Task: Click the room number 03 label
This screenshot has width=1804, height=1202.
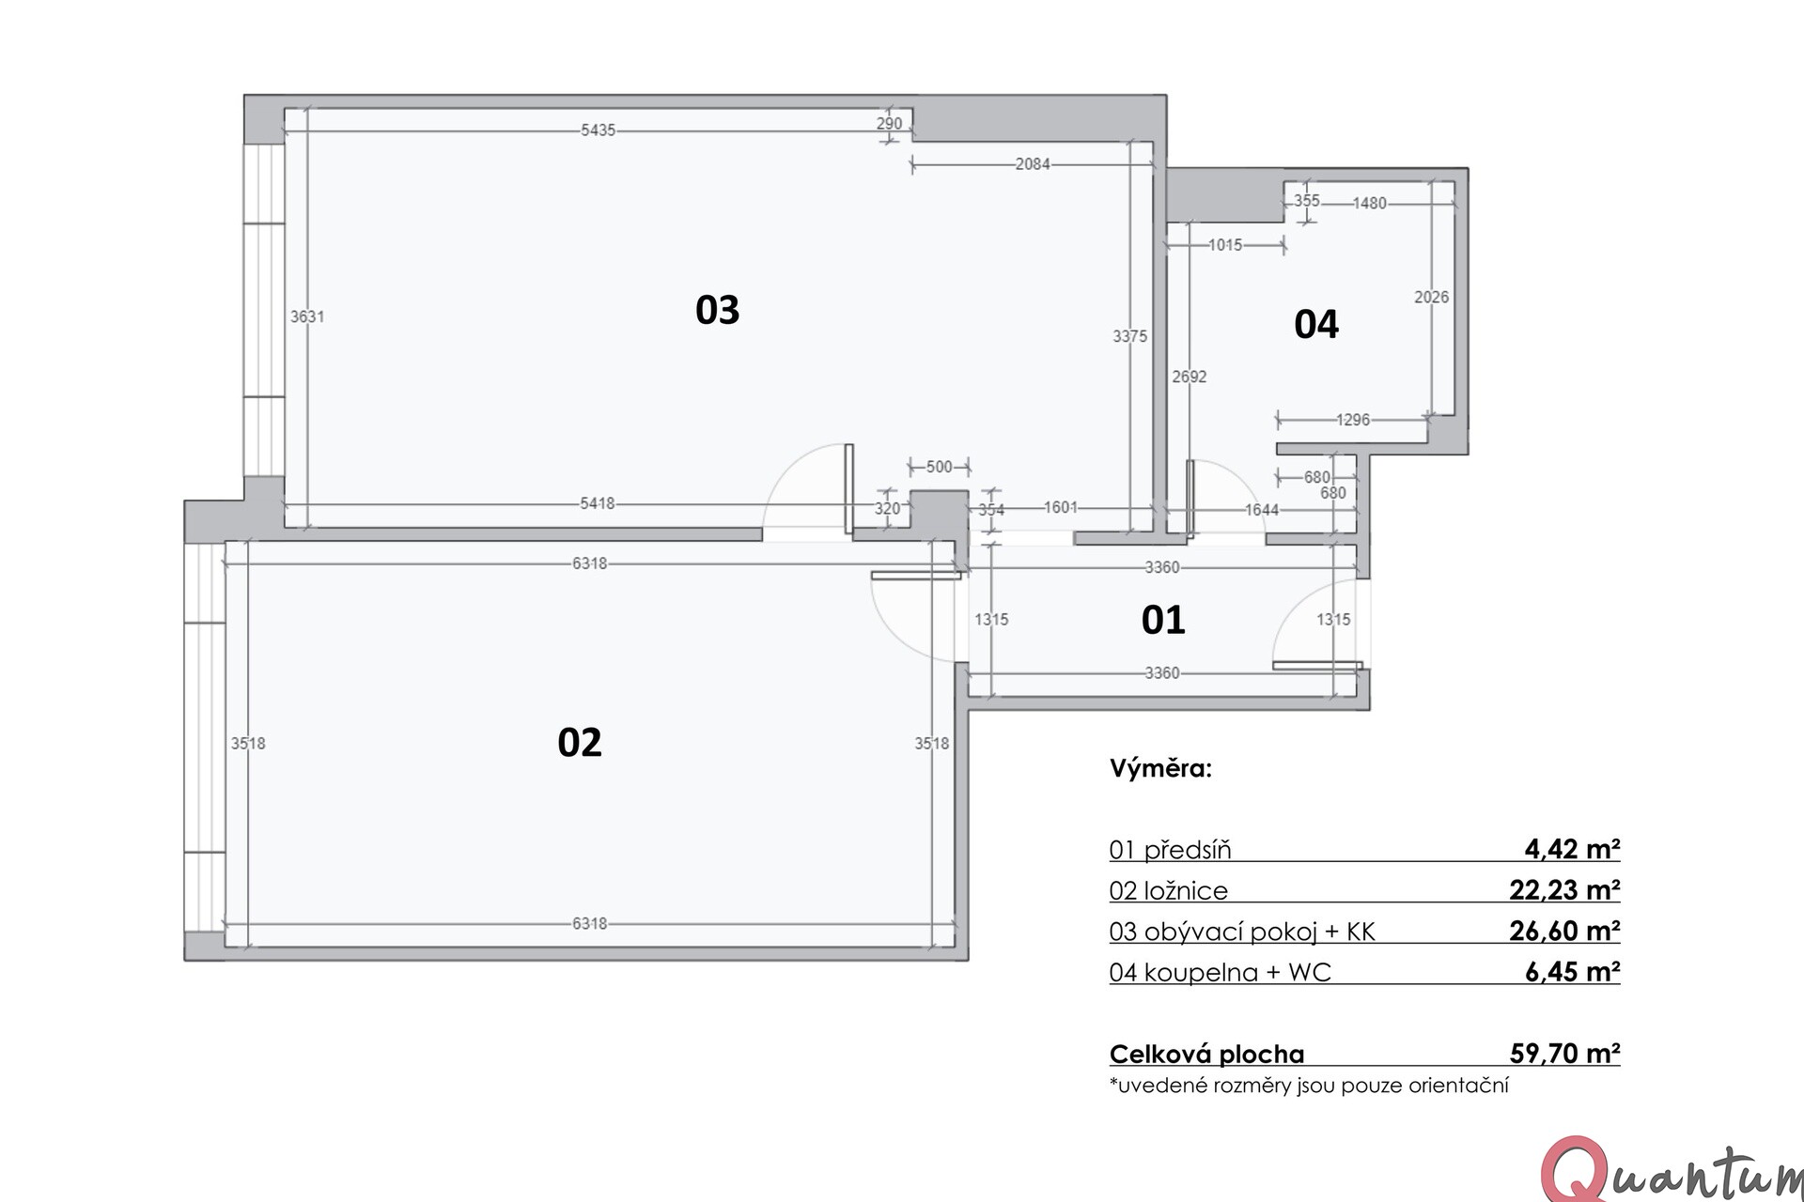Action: (717, 310)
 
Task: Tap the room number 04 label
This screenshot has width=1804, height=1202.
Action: (1315, 324)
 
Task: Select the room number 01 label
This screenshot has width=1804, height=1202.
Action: (1163, 620)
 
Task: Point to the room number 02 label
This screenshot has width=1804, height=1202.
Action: (579, 743)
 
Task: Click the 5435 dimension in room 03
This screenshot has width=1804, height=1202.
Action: (598, 131)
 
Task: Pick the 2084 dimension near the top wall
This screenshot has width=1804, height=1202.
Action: (1032, 164)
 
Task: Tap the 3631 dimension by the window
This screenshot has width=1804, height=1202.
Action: (306, 316)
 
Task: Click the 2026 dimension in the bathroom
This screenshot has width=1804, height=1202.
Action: (1431, 297)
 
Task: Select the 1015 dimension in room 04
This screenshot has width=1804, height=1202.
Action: (1225, 245)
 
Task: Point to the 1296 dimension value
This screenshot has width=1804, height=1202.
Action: (1353, 420)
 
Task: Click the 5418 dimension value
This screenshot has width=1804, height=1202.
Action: (597, 503)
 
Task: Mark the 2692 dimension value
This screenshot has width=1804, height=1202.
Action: (1190, 377)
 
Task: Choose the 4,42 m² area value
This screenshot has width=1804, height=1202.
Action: (1572, 849)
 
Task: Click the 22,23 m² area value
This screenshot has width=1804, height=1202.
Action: (1564, 889)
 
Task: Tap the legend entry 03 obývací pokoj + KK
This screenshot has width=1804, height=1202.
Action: (1242, 931)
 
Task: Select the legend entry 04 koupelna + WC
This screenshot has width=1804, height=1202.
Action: (1221, 972)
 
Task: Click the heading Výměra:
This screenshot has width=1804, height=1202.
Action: (1161, 768)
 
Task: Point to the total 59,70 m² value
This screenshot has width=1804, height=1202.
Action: (1564, 1054)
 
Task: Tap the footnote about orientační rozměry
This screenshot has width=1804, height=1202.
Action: (1309, 1086)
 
